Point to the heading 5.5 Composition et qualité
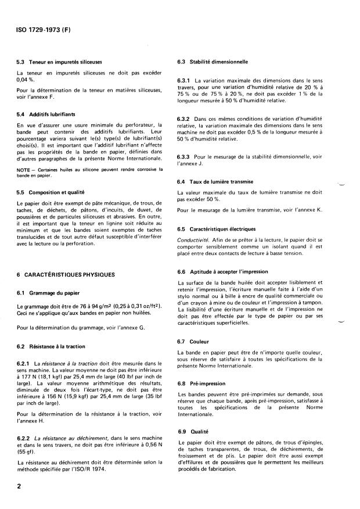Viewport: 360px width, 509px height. (59, 192)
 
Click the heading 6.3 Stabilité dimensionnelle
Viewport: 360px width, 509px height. (212, 61)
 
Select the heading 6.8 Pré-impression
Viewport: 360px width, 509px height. (203, 384)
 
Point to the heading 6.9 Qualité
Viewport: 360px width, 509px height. (196, 432)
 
